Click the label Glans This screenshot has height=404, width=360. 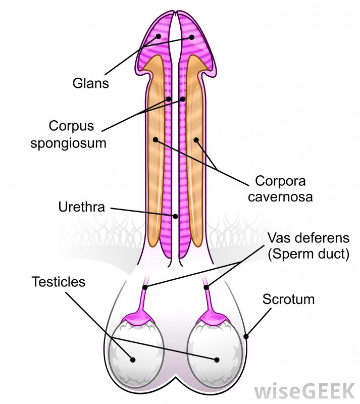(x=90, y=82)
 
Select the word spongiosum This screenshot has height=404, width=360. (x=69, y=142)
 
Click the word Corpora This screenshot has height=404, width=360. (x=280, y=180)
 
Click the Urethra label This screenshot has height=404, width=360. (x=82, y=207)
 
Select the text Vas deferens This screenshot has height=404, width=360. (x=308, y=237)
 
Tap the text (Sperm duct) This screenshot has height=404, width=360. (x=308, y=254)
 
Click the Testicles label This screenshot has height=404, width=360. (x=59, y=281)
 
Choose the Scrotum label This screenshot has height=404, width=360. (x=288, y=299)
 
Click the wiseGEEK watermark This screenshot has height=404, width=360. (x=304, y=390)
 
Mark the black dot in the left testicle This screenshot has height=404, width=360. (x=133, y=360)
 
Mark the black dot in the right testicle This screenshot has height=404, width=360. (x=217, y=360)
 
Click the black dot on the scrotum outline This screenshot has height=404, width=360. (x=246, y=335)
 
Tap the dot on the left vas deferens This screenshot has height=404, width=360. (x=145, y=287)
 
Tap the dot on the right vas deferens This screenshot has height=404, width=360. (x=207, y=287)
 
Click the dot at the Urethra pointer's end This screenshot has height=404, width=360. (x=175, y=216)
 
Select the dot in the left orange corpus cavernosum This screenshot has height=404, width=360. (x=156, y=139)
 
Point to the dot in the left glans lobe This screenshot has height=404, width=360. (x=159, y=36)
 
